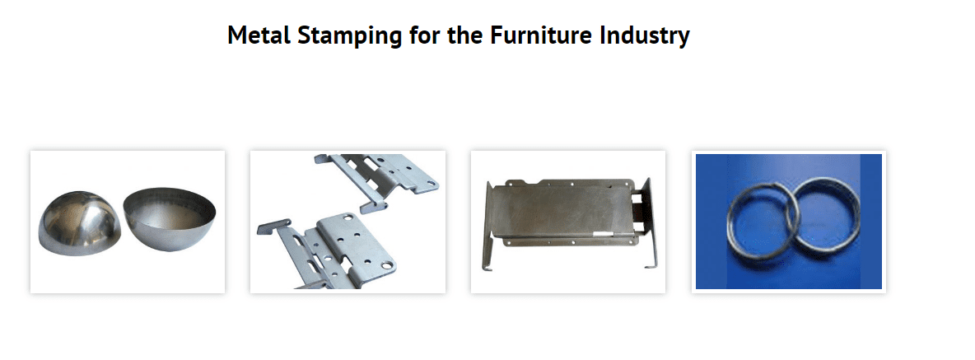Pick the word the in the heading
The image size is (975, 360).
(x=465, y=35)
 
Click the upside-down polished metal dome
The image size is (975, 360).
(x=78, y=224)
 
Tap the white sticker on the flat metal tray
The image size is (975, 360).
(x=604, y=236)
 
